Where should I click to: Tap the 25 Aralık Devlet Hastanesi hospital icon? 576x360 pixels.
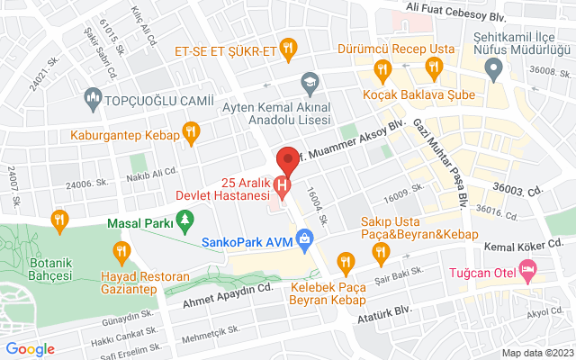[x=283, y=188]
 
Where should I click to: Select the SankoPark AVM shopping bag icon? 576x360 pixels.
[x=305, y=240]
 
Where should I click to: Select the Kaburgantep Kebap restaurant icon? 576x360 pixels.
[x=190, y=135]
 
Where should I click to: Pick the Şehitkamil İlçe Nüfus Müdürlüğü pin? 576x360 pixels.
[x=493, y=72]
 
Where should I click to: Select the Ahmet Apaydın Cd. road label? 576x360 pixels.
[x=226, y=289]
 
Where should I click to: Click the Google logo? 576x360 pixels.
[x=30, y=349]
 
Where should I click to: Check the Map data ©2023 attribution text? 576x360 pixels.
[x=536, y=352]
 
